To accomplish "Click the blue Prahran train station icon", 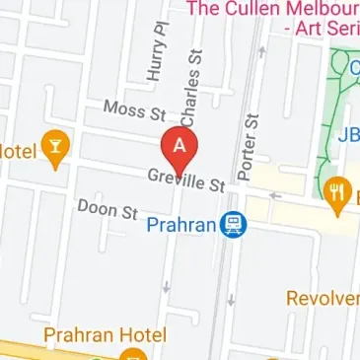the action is [x=233, y=225].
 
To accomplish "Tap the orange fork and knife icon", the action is [x=337, y=190].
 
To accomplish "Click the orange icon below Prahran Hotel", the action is [x=135, y=353].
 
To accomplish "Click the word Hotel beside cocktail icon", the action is [x=18, y=150].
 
